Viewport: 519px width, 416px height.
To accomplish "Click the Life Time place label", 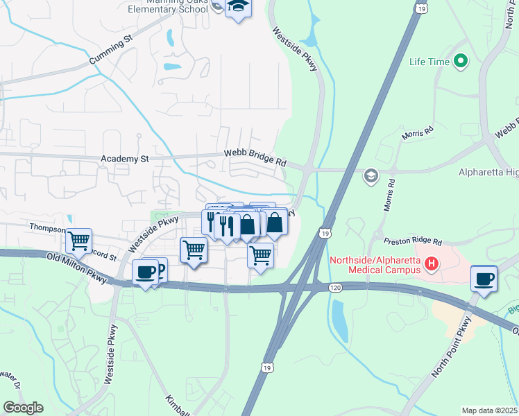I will click(429, 62).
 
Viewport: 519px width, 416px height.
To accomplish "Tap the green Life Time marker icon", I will click(461, 62).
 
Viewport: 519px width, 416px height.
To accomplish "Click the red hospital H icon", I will click(432, 263).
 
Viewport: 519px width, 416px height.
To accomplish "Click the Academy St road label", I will click(125, 159).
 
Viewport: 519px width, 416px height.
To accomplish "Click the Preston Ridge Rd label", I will click(413, 241).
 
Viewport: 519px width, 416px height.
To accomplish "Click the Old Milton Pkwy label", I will click(76, 268).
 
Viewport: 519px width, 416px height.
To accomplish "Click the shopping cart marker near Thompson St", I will click(79, 241).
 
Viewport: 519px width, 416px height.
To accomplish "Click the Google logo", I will click(24, 408).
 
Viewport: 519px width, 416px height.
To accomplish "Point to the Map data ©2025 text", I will click(489, 410).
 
